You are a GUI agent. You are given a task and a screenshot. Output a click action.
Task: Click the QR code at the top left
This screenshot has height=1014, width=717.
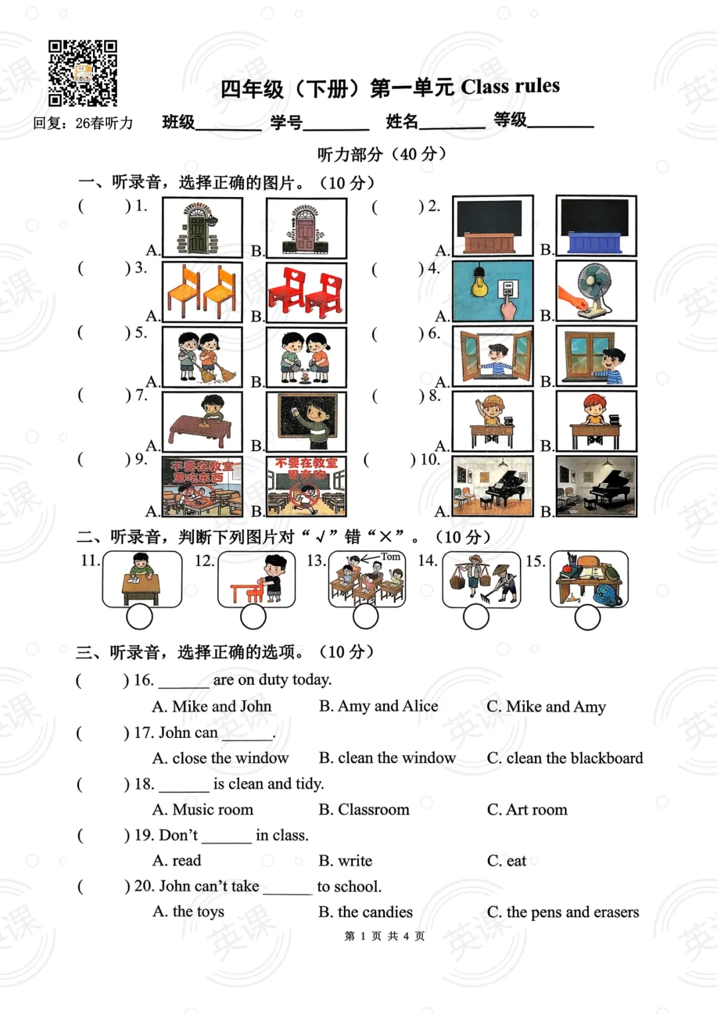click(x=82, y=73)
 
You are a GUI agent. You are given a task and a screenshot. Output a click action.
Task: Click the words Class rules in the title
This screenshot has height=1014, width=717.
click(x=510, y=86)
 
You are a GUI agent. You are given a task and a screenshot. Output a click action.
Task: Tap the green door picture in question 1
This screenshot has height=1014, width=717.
click(x=202, y=228)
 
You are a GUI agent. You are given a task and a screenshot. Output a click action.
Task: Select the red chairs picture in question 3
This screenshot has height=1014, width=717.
click(x=306, y=292)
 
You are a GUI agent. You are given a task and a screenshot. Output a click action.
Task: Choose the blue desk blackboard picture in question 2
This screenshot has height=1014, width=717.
click(x=596, y=226)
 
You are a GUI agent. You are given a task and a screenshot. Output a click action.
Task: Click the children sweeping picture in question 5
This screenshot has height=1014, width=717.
click(x=202, y=357)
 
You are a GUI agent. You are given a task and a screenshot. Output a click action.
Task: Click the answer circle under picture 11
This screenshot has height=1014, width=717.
click(x=139, y=617)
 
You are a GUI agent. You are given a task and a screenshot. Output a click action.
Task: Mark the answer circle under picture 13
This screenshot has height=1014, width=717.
click(x=366, y=617)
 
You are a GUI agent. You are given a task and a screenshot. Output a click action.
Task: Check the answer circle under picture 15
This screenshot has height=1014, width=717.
click(x=588, y=618)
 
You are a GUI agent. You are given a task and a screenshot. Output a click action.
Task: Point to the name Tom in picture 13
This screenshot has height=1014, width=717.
click(x=390, y=557)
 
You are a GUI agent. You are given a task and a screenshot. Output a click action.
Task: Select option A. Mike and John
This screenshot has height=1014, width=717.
click(x=212, y=707)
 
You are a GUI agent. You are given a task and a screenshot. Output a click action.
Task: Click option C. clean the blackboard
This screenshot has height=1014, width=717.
click(x=564, y=759)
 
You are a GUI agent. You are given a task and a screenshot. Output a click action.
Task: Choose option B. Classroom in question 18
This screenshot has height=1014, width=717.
click(x=364, y=810)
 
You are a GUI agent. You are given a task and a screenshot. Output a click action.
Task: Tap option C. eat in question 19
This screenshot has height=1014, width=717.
click(x=507, y=861)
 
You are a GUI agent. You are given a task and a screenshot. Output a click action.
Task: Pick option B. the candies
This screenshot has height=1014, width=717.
click(x=365, y=912)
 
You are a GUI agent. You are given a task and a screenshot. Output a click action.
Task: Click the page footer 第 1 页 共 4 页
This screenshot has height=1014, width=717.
click(x=384, y=936)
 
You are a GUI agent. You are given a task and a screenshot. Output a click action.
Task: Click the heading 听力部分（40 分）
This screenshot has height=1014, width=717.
click(x=381, y=155)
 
